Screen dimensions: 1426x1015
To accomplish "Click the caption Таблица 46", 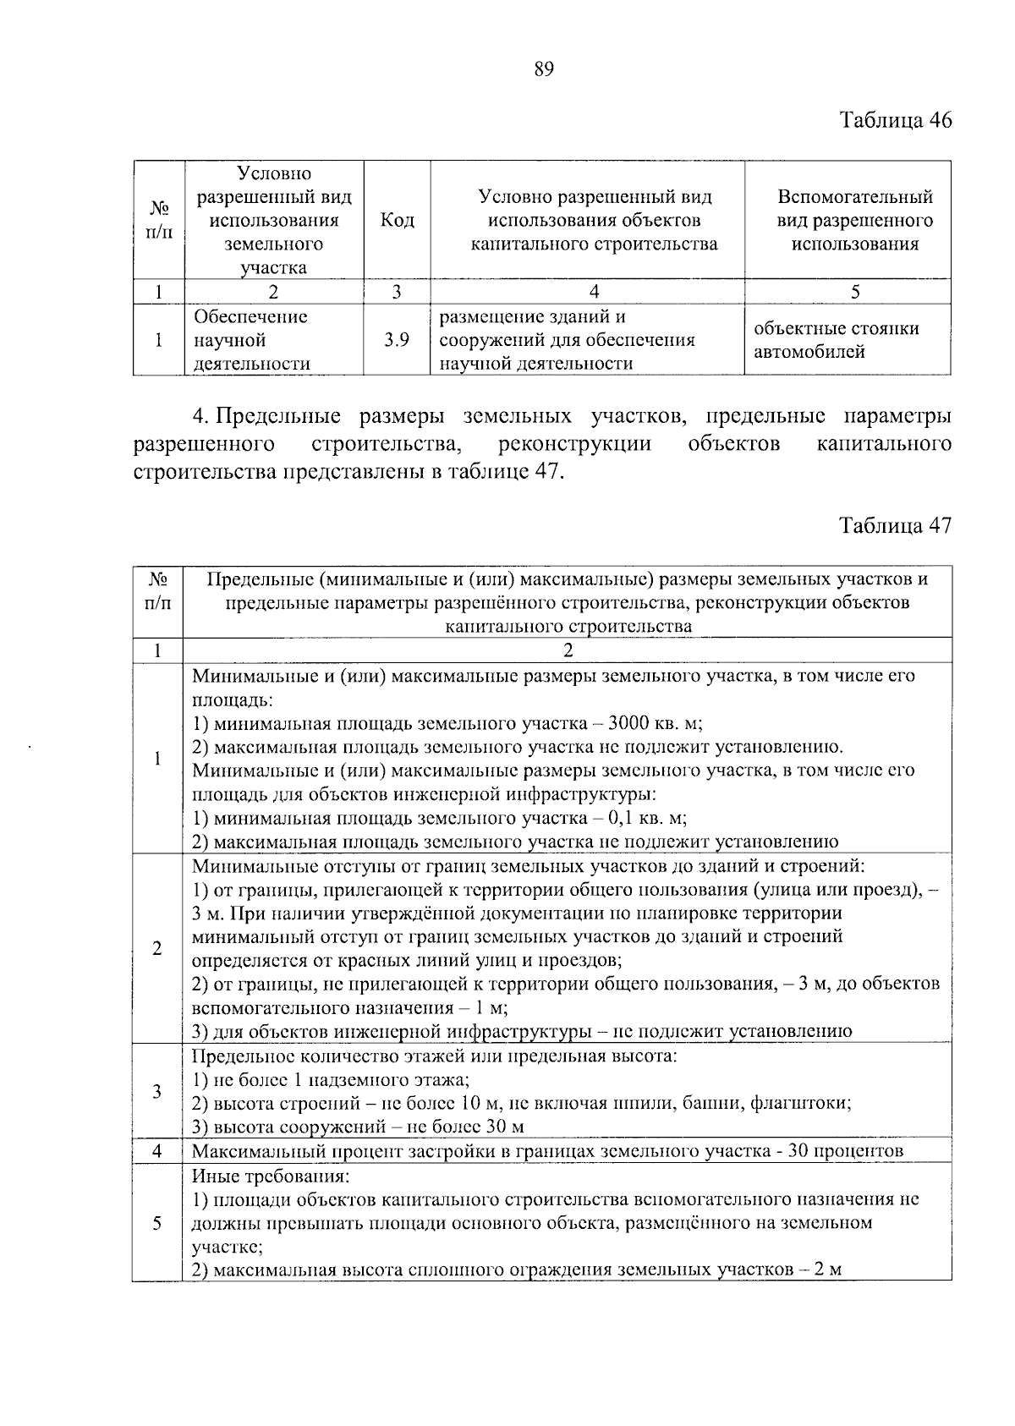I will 895,120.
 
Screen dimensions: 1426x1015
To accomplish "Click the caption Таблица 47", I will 895,525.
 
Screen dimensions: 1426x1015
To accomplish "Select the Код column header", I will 397,221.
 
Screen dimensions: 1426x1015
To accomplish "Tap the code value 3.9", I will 397,340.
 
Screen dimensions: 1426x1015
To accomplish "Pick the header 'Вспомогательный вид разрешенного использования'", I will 854,221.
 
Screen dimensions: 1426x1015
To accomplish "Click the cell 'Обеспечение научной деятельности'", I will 250,340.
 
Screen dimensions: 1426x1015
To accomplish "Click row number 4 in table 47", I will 157,1151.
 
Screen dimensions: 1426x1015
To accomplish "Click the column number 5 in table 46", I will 855,292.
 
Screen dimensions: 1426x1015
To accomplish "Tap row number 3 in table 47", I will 157,1092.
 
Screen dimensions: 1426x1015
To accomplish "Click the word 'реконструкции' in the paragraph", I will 575,444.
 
